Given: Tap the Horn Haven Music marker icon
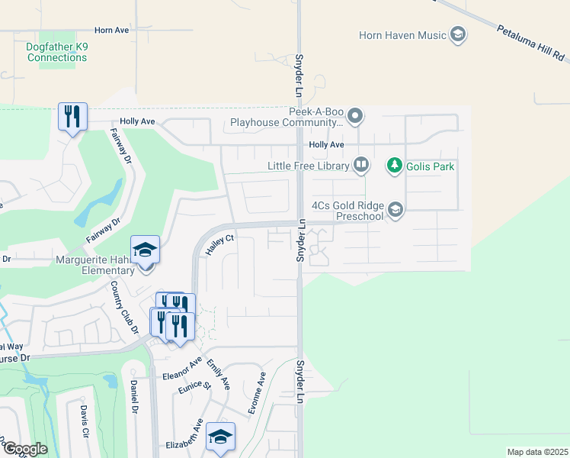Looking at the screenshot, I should pyautogui.click(x=458, y=34).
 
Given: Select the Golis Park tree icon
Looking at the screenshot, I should pyautogui.click(x=394, y=165).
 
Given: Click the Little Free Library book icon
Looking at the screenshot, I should pyautogui.click(x=361, y=165).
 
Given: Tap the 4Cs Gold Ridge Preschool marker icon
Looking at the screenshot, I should pyautogui.click(x=395, y=210).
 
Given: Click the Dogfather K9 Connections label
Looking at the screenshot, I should pyautogui.click(x=56, y=52).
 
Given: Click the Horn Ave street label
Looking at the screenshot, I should pyautogui.click(x=112, y=30).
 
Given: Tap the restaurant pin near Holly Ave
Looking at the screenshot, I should pyautogui.click(x=73, y=116).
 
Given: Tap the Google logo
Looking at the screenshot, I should pyautogui.click(x=24, y=448).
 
